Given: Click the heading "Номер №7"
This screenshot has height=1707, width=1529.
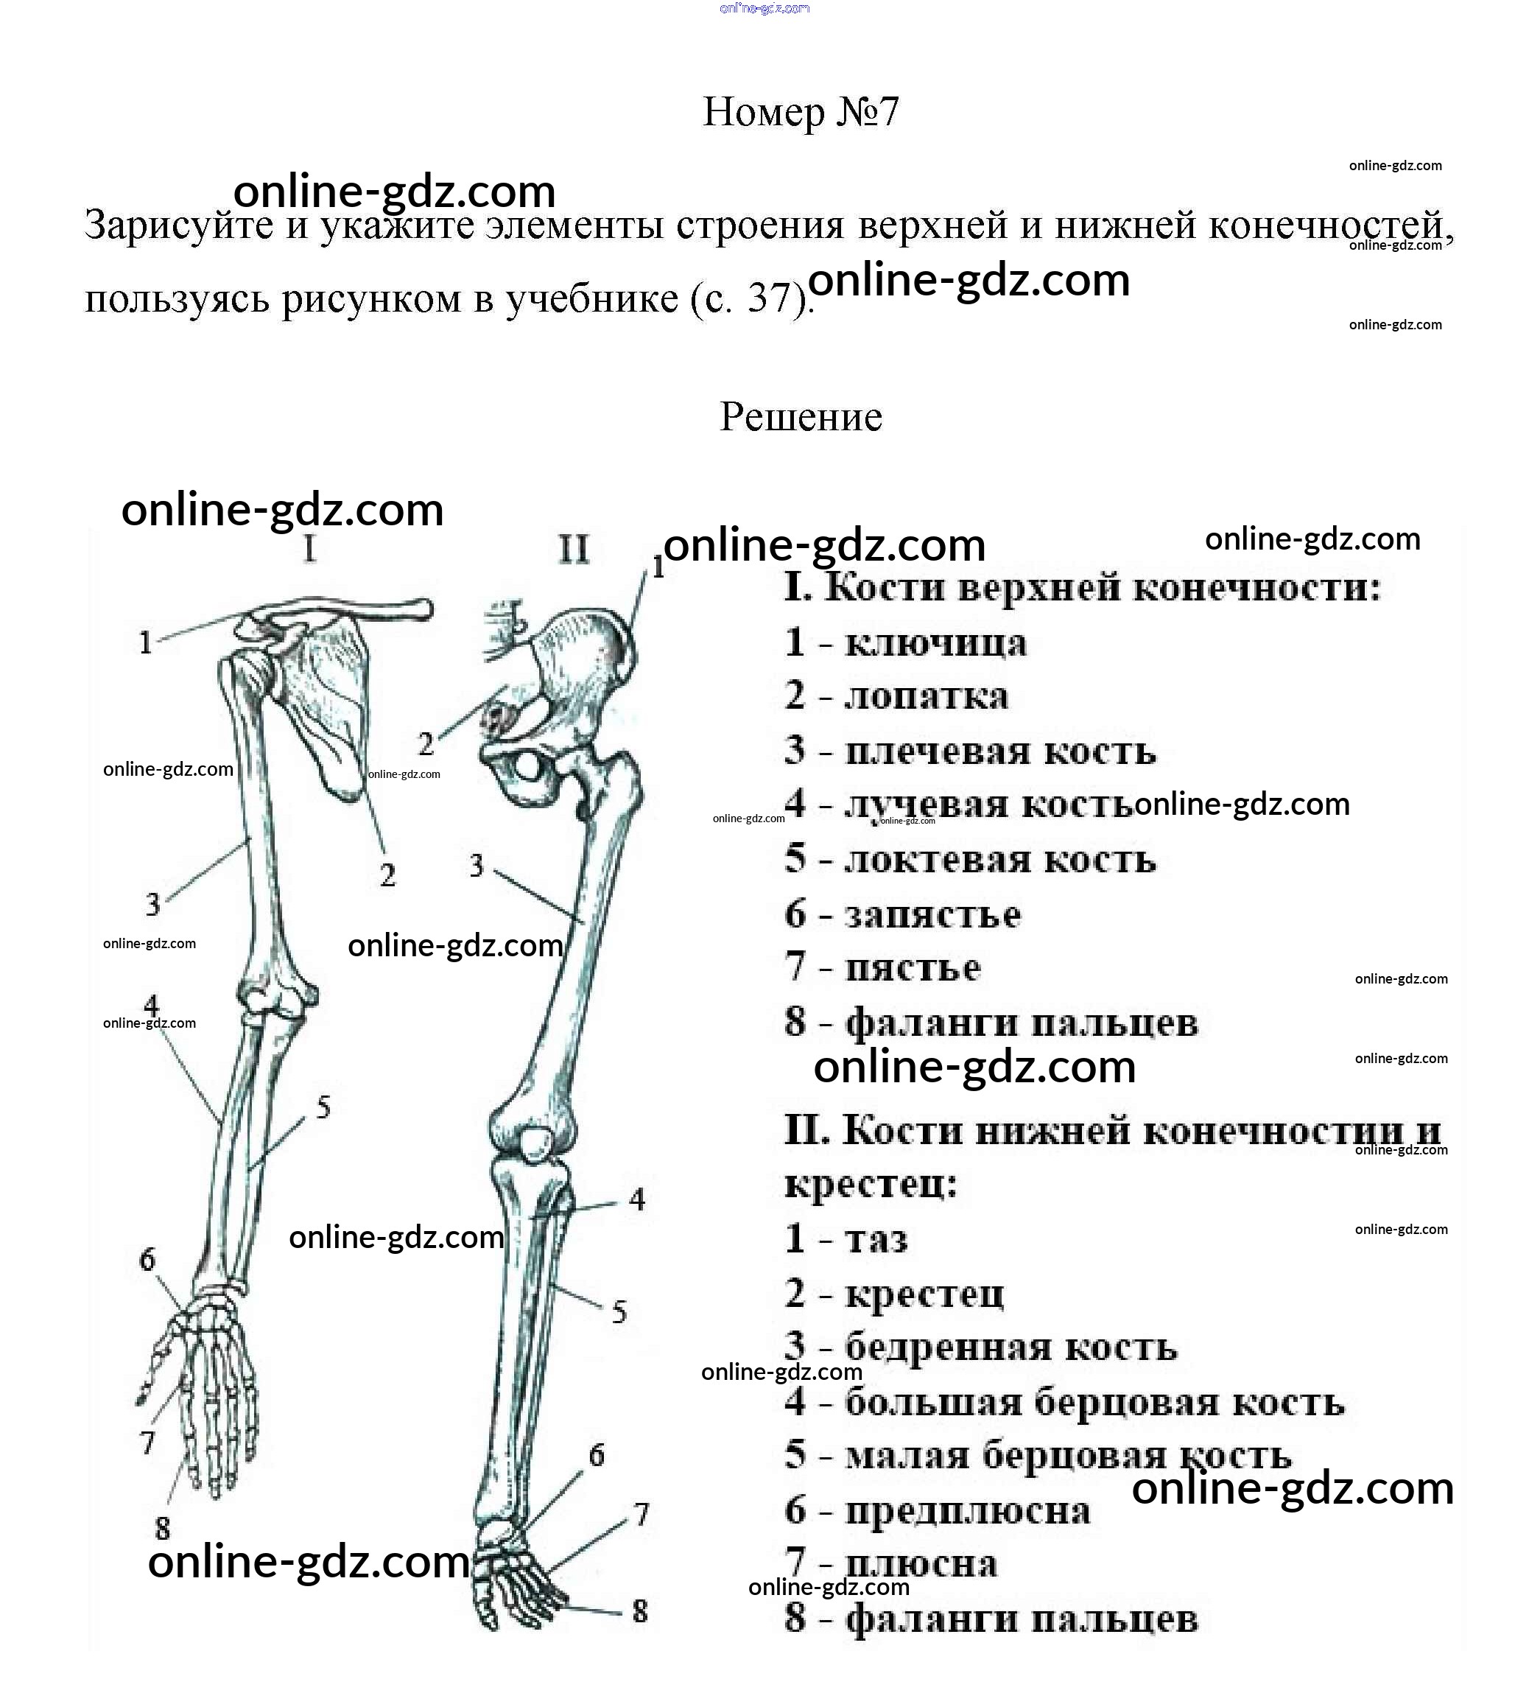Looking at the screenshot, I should [x=800, y=112].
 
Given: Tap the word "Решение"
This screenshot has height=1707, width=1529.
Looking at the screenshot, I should [x=801, y=417].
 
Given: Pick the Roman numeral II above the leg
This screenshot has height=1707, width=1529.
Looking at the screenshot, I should [x=574, y=550].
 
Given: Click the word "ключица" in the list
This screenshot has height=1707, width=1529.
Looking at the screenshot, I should [x=935, y=644].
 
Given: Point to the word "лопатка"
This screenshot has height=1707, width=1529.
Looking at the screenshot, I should [x=926, y=697].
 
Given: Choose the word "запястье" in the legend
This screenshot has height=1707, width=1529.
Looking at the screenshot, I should [x=932, y=914].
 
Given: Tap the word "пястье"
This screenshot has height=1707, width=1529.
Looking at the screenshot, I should [x=913, y=968].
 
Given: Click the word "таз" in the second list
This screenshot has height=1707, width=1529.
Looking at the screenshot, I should [x=876, y=1239].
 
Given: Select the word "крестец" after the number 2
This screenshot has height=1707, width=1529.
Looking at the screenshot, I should [x=924, y=1294].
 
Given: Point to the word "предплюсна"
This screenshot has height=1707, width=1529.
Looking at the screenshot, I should [x=967, y=1511].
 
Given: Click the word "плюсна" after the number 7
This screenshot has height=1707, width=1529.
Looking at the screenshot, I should [x=921, y=1564].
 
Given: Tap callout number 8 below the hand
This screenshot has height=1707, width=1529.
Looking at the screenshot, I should [x=162, y=1527].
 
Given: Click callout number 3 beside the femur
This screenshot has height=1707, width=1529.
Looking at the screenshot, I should [x=477, y=865].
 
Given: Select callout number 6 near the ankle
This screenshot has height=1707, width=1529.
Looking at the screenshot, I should [x=597, y=1454].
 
